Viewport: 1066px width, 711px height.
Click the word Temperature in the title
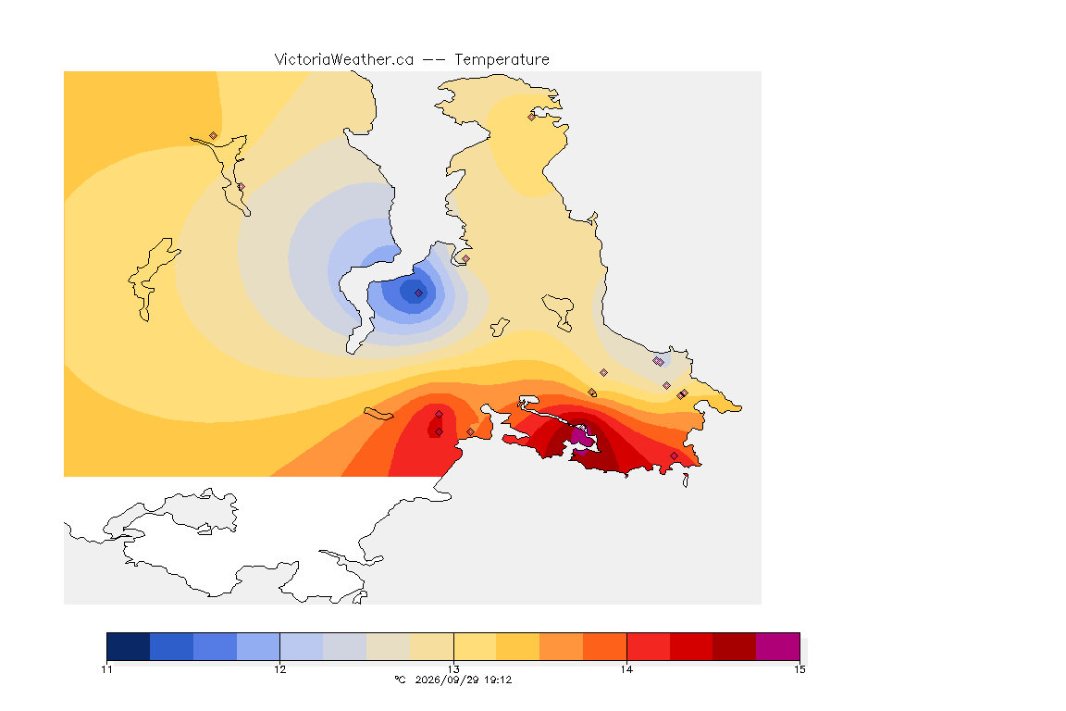502,60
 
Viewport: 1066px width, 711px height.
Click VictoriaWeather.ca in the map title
344,60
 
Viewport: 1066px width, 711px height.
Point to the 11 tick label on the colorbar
106,669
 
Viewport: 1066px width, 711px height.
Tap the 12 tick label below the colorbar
280,669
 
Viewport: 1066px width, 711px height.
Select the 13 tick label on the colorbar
453,669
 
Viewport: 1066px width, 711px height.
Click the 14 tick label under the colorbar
626,669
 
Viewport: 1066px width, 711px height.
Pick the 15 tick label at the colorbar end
799,669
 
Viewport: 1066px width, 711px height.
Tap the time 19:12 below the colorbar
497,680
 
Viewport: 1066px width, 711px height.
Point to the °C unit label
400,680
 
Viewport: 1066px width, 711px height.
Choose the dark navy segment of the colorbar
129,646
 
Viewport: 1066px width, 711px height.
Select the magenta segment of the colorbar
777,646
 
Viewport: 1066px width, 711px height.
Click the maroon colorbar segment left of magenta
734,646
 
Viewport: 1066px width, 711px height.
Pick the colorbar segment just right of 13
476,646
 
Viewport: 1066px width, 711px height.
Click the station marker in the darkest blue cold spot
419,293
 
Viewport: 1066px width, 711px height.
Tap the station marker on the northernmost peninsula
532,117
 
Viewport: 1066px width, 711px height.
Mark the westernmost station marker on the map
214,136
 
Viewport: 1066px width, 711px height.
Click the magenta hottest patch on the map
580,436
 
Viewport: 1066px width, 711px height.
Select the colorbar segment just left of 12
258,646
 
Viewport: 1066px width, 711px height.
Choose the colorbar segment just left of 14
605,646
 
